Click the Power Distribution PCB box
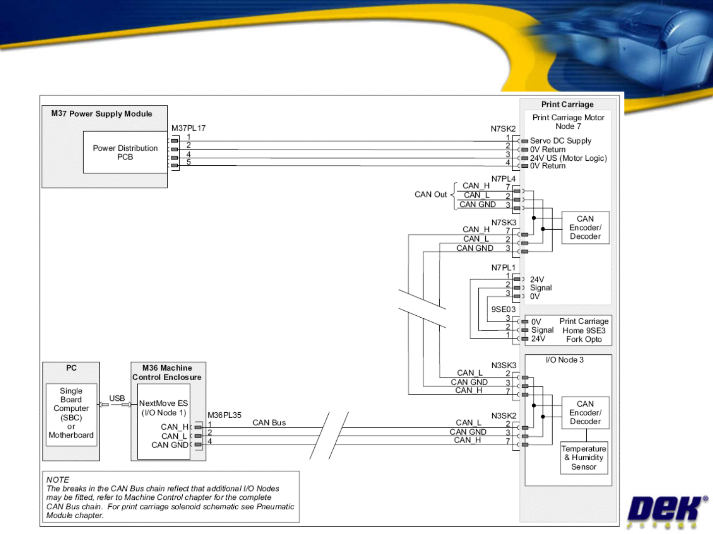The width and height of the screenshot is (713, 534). pyautogui.click(x=125, y=152)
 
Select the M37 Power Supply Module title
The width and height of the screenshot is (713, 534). pyautogui.click(x=102, y=113)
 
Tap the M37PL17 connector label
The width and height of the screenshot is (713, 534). pyautogui.click(x=189, y=128)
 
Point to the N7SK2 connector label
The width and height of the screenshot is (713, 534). pyautogui.click(x=503, y=129)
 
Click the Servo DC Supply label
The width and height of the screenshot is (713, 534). pyautogui.click(x=560, y=141)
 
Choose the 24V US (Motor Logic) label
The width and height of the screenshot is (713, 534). pyautogui.click(x=568, y=158)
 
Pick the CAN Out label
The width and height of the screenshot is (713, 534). pyautogui.click(x=431, y=194)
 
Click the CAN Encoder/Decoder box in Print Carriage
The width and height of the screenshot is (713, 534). pyautogui.click(x=585, y=228)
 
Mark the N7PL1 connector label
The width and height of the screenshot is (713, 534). pyautogui.click(x=503, y=268)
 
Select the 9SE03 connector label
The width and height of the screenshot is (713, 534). pyautogui.click(x=503, y=309)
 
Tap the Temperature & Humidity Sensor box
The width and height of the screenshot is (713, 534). pyautogui.click(x=584, y=458)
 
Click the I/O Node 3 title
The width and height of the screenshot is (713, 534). pyautogui.click(x=564, y=360)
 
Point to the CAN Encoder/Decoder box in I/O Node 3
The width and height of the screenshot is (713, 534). pyautogui.click(x=585, y=413)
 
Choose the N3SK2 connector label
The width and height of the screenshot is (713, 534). pyautogui.click(x=504, y=416)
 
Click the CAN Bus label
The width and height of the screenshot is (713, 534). pyautogui.click(x=269, y=423)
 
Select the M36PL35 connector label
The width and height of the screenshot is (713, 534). pyautogui.click(x=224, y=415)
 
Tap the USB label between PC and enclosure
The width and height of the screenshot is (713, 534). pyautogui.click(x=117, y=398)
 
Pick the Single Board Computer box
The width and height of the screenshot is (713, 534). pyautogui.click(x=71, y=413)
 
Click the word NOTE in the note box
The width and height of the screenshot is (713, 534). pyautogui.click(x=58, y=480)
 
